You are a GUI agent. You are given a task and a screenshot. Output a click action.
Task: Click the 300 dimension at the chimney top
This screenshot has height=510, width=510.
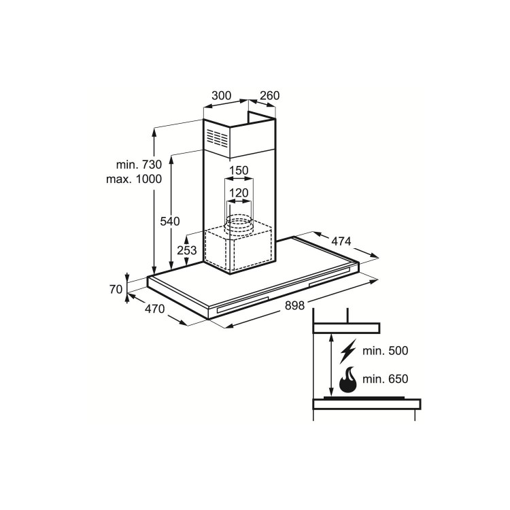point(222,96)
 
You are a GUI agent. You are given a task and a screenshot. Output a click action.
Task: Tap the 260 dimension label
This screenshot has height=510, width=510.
point(270,96)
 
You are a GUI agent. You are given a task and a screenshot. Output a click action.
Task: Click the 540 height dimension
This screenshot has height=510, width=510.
point(169,221)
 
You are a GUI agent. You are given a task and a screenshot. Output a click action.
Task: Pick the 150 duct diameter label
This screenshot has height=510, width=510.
point(238,170)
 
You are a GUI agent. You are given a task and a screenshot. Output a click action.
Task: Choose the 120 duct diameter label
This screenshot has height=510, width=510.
point(238,194)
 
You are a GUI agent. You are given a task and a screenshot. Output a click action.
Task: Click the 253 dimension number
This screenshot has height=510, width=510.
point(187,250)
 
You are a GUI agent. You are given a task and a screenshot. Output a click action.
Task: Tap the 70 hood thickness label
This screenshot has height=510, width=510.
point(115,289)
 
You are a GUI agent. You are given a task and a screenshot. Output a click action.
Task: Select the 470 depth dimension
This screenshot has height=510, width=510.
point(155,310)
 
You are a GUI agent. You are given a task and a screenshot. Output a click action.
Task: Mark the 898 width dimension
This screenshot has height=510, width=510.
point(294,305)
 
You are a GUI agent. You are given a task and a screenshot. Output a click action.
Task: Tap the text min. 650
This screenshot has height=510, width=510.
point(386,378)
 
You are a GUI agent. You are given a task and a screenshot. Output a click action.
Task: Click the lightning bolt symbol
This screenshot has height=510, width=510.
point(347,351)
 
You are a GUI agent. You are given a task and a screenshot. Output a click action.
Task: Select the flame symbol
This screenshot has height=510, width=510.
point(347,381)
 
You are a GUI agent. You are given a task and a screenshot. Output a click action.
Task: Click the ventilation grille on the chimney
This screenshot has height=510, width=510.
point(218,139)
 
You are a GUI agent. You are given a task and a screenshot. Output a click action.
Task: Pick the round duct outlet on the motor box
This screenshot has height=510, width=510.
point(238,222)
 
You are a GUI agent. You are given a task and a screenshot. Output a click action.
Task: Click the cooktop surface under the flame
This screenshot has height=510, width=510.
point(364,398)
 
